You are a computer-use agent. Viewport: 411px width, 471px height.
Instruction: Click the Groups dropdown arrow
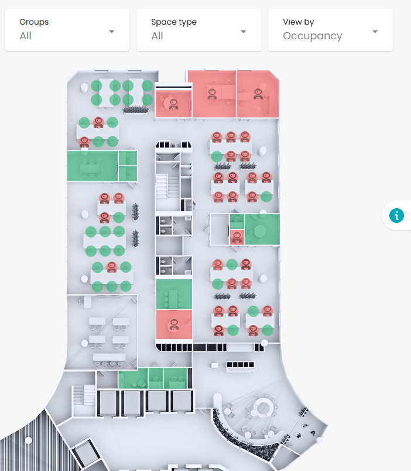point(111,32)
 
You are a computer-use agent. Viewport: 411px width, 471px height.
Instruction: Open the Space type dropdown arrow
point(244,32)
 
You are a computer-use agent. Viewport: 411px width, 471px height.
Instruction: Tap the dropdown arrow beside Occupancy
point(375,32)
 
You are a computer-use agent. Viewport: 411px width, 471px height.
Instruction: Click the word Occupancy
point(313,36)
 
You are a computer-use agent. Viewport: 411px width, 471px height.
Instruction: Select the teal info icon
point(396,215)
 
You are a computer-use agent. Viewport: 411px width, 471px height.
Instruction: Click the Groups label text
point(34,22)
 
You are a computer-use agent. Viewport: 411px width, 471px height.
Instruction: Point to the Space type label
point(174,22)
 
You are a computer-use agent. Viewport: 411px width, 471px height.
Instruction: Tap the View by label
point(298,22)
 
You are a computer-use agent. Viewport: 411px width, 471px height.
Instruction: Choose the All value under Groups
point(26,36)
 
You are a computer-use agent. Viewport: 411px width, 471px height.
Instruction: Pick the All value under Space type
point(157,36)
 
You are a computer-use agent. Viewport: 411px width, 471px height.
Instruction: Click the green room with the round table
point(262,229)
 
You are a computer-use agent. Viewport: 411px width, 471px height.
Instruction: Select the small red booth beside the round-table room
point(237,237)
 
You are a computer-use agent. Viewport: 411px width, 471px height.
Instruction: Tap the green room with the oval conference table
point(174,294)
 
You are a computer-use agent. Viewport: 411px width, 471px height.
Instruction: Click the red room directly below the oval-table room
point(174,324)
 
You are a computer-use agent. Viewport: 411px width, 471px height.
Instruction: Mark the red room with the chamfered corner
point(258,94)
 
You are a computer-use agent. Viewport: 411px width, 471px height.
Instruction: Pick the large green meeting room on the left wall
point(93,166)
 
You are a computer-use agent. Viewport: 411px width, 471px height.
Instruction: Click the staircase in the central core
point(167,186)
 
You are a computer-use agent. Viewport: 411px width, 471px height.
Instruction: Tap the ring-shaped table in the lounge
point(263,408)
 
